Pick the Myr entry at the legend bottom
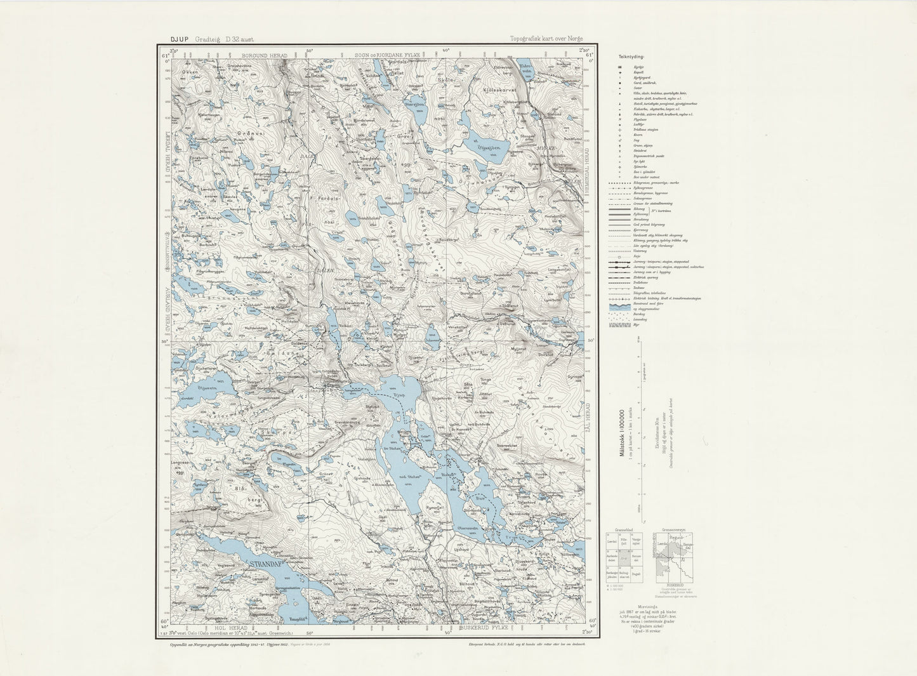pos(636,325)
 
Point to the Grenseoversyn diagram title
pos(675,528)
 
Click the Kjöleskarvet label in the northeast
pos(497,90)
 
